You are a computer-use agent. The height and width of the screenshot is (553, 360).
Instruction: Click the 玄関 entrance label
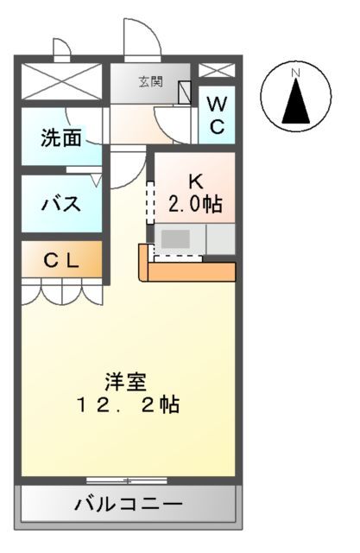pos(151,82)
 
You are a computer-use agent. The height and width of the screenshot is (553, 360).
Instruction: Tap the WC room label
pos(217,115)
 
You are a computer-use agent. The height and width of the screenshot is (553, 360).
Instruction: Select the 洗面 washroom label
pos(61,137)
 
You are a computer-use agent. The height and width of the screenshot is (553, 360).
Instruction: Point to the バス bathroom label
pos(61,204)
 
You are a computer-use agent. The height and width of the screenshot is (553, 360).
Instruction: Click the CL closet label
pos(61,261)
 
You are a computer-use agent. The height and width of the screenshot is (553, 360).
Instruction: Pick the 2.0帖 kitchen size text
pos(195,204)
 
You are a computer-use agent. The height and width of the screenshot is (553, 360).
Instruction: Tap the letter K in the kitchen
pos(196,181)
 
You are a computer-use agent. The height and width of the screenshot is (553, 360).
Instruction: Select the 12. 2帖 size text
pos(129,404)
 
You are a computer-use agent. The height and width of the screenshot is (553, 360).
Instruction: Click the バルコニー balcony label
pos(129,504)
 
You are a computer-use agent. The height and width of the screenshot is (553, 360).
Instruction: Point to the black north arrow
pos(296,101)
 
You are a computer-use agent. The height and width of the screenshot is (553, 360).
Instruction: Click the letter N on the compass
pos(295,73)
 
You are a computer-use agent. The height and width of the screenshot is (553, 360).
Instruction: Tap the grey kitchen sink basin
pos(175,238)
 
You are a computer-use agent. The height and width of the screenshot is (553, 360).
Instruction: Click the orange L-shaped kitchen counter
pos(187,267)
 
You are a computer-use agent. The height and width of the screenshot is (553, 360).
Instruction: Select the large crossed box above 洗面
pos(62,81)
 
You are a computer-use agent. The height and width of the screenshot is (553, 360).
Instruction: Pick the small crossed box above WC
pos(217,70)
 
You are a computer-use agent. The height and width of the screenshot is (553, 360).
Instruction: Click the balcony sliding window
pos(127,480)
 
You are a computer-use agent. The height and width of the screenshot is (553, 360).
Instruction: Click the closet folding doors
pos(62,291)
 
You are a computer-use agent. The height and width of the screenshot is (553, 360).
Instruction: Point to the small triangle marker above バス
pos(97,181)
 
